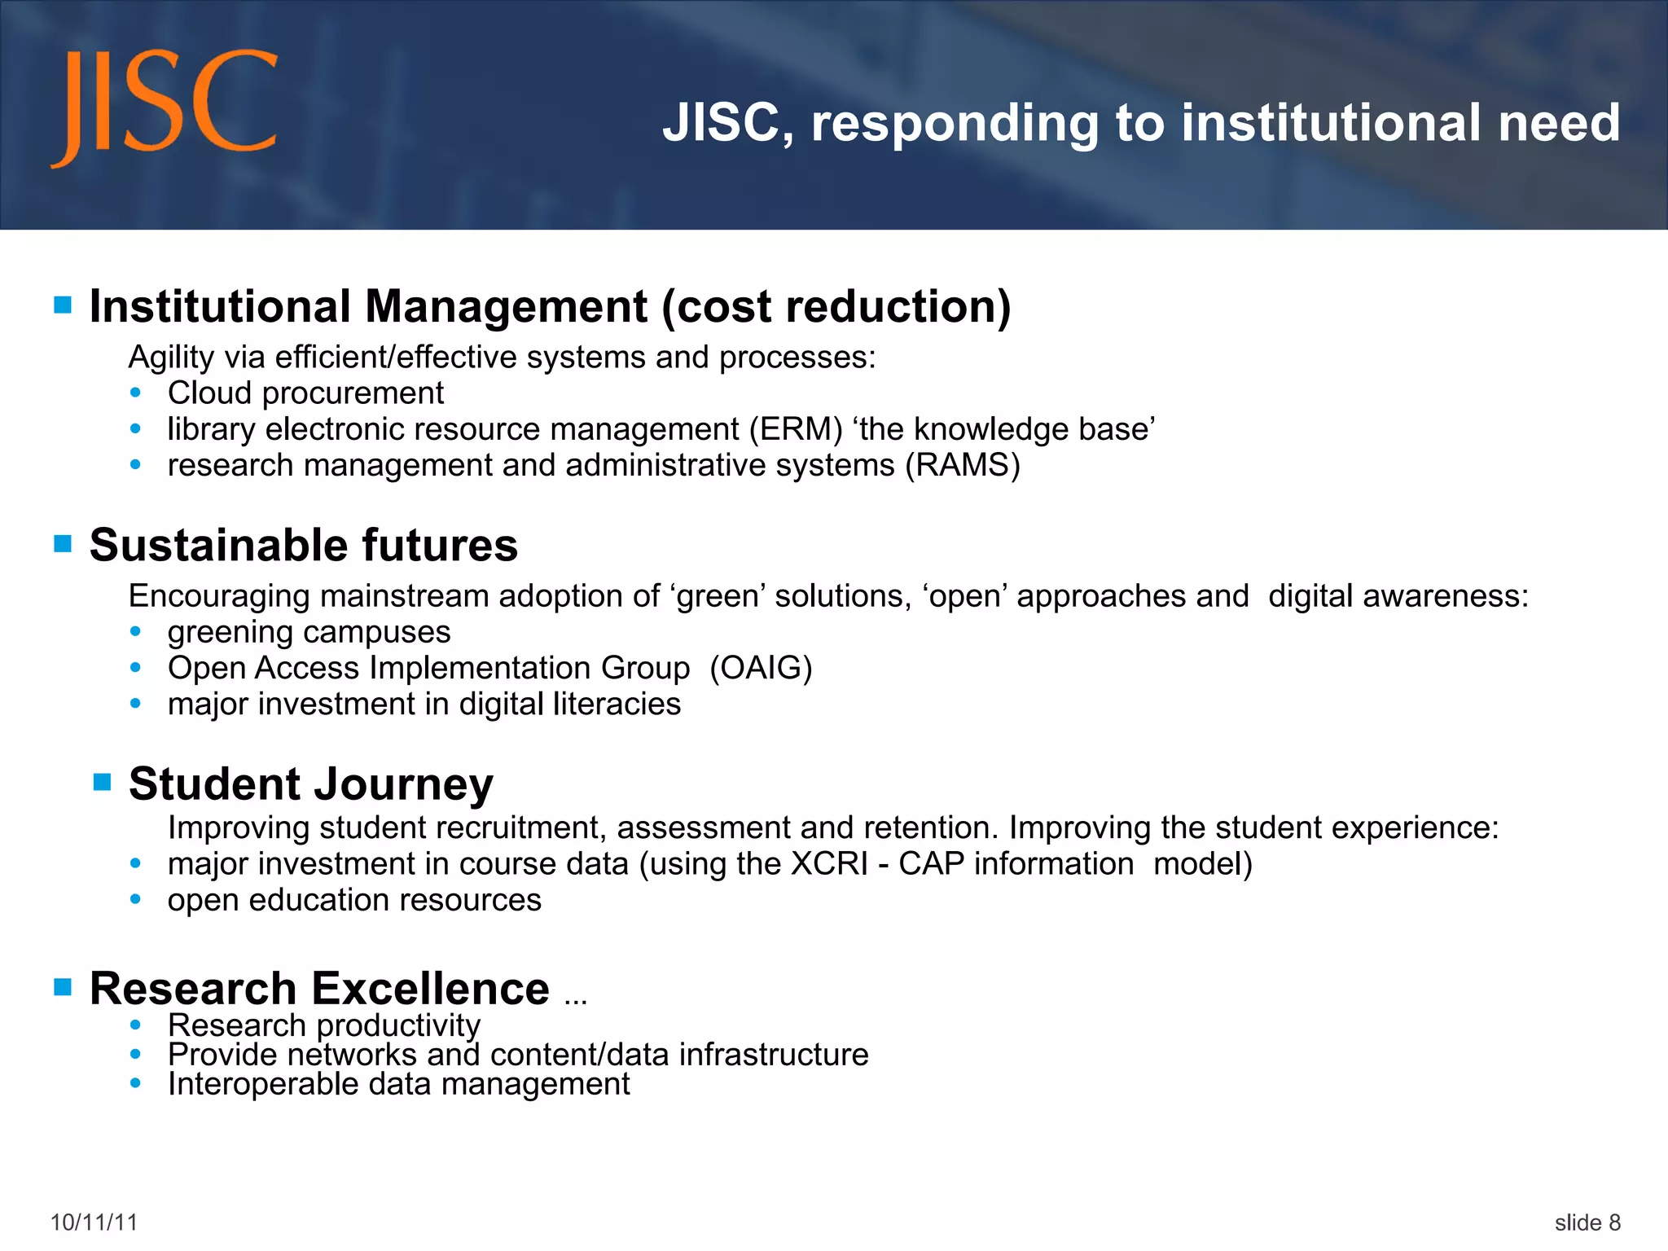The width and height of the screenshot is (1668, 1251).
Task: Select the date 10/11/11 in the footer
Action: [94, 1222]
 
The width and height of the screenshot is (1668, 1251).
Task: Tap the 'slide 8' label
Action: [1587, 1222]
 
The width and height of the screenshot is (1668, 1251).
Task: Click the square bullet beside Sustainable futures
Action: [63, 543]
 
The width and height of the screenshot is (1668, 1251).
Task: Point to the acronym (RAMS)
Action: [963, 466]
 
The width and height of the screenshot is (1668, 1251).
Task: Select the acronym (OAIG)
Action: [761, 668]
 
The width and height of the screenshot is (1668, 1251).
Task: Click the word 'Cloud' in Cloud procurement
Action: [209, 393]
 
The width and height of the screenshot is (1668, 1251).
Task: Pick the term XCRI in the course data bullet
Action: [829, 864]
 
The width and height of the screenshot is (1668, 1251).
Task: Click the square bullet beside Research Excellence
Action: [63, 987]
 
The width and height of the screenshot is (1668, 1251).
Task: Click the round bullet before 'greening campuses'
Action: [136, 632]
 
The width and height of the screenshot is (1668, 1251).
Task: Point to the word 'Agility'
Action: [172, 358]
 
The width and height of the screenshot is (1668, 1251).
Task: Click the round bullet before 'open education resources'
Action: [136, 899]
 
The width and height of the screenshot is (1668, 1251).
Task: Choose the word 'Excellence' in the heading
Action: [431, 989]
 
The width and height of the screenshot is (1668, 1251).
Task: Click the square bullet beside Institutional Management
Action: [63, 305]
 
